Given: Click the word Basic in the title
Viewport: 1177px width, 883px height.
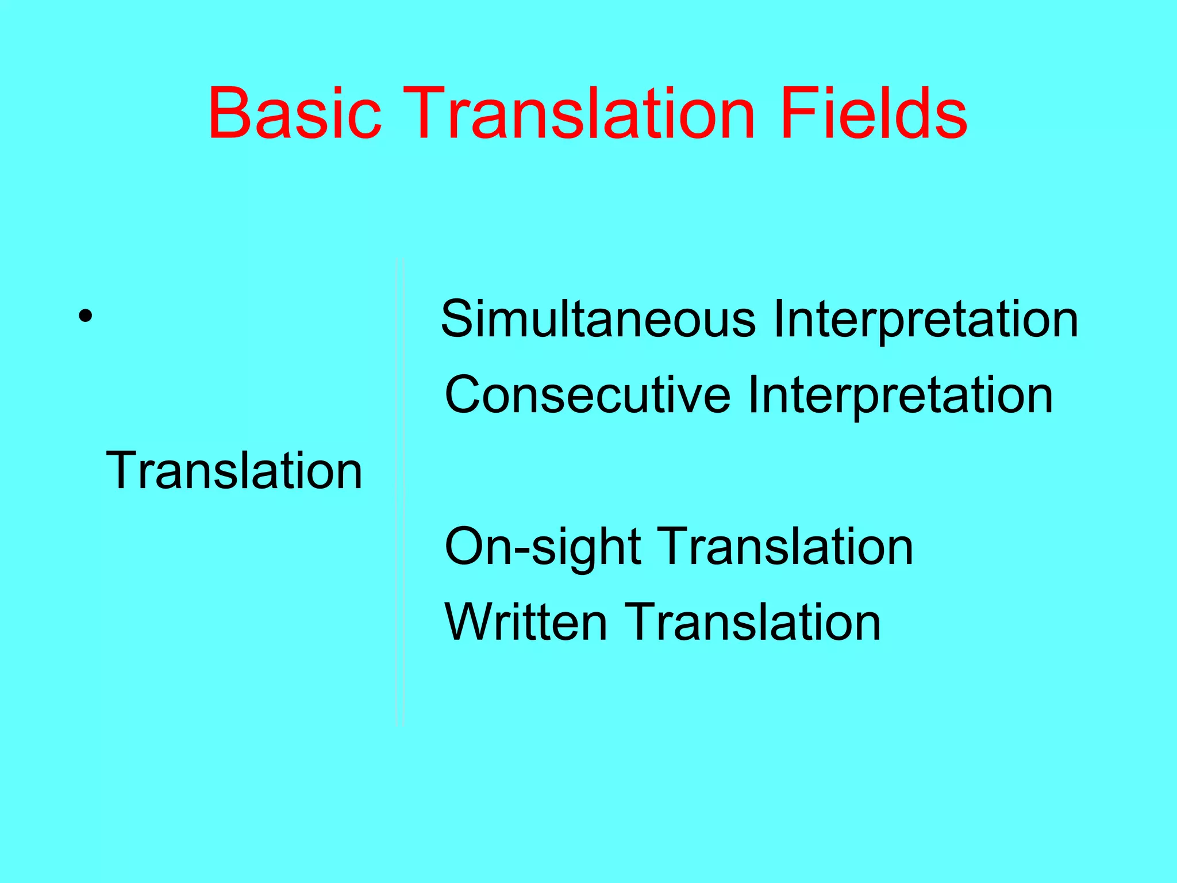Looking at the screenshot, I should [x=295, y=113].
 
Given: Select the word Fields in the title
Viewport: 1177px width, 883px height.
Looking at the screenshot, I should [x=874, y=113].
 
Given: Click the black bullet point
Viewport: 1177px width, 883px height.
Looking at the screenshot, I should [x=86, y=316].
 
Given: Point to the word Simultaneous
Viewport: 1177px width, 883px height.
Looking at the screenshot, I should [x=598, y=320].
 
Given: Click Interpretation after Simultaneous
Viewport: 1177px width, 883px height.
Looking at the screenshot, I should [x=925, y=321].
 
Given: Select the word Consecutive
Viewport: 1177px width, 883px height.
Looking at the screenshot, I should [x=587, y=396].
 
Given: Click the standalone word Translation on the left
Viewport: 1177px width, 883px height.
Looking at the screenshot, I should [x=234, y=471].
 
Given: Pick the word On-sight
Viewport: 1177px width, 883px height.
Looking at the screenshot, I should [x=543, y=547].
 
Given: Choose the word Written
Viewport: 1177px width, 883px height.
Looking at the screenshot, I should [x=526, y=623].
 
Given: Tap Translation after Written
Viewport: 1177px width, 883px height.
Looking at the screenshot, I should [x=752, y=623].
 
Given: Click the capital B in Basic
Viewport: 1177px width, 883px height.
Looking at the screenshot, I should [x=229, y=113].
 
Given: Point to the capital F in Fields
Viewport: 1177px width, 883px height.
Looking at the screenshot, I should [x=797, y=113].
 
